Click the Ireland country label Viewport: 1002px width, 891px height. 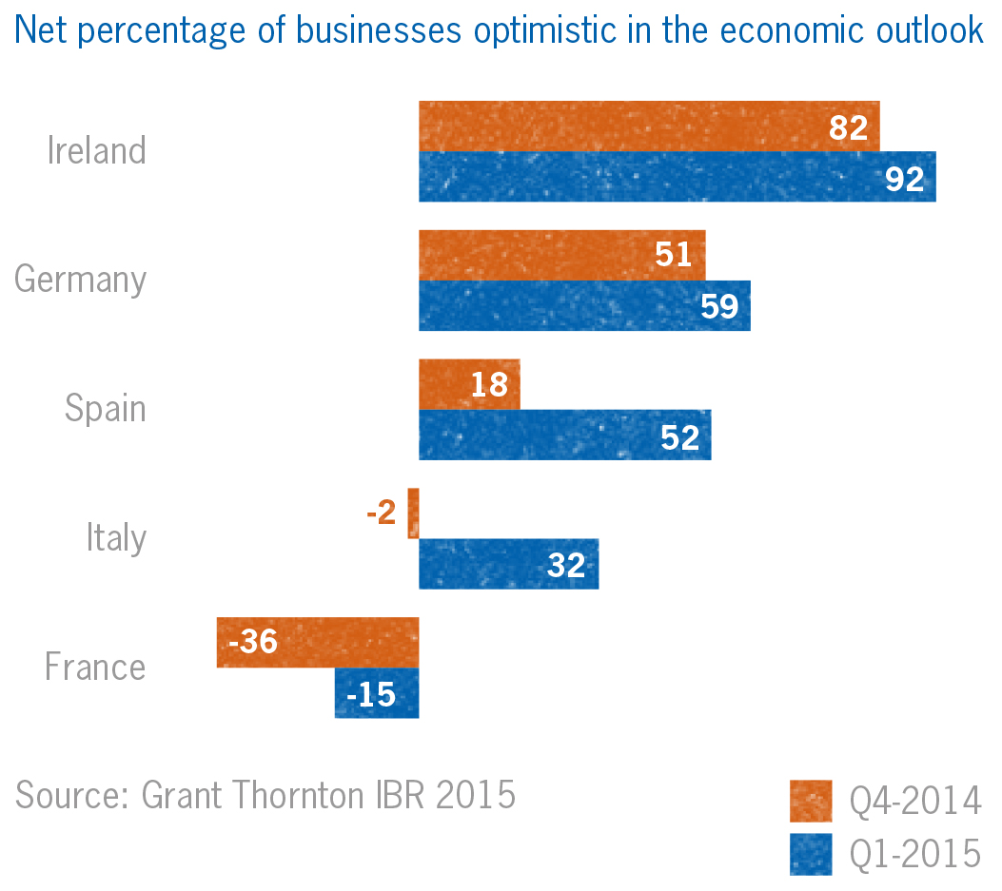click(97, 151)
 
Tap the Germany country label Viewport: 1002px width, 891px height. click(81, 281)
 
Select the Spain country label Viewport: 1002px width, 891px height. click(106, 409)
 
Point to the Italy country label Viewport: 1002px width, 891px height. click(116, 538)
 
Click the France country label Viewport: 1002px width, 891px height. click(95, 667)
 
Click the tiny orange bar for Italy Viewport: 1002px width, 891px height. click(413, 513)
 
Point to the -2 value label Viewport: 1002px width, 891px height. click(381, 513)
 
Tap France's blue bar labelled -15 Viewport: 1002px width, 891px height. click(377, 693)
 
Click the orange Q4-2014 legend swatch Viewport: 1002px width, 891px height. click(811, 801)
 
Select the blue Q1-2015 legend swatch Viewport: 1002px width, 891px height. click(811, 854)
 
